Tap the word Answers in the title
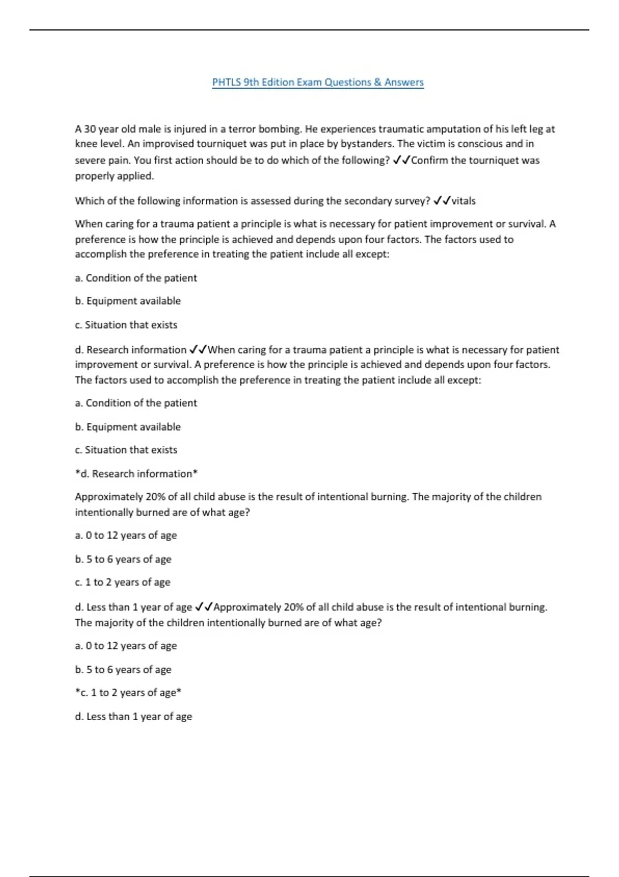[404, 83]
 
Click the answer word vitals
[464, 201]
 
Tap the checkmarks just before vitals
[442, 201]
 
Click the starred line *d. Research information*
[137, 474]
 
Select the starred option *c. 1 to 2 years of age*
[128, 692]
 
